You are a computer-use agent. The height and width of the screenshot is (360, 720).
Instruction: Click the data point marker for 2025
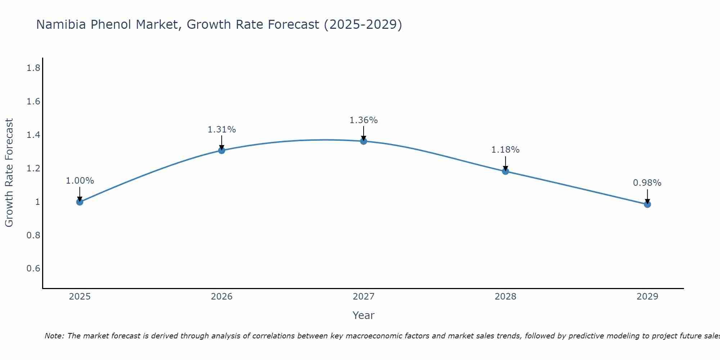(x=80, y=202)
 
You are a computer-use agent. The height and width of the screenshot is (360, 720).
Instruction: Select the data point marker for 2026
(x=222, y=150)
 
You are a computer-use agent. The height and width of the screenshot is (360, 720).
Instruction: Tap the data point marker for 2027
(x=364, y=141)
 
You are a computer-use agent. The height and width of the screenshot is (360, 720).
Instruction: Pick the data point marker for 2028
(x=505, y=171)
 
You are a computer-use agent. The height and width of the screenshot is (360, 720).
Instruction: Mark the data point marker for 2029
(x=647, y=204)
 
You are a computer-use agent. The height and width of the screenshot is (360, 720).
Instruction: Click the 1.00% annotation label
(x=80, y=181)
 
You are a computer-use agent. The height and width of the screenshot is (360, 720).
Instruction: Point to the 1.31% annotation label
(x=222, y=130)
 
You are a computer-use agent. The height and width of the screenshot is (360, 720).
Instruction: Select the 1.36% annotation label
(x=364, y=120)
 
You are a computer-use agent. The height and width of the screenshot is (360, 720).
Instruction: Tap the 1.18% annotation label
(x=505, y=150)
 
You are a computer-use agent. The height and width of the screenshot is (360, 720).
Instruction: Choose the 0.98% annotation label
(x=647, y=183)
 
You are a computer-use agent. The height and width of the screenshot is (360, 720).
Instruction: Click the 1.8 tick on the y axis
(x=33, y=68)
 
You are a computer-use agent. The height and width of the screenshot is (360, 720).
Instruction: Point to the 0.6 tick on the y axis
(x=33, y=269)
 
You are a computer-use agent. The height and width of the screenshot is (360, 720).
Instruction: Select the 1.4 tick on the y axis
(x=33, y=135)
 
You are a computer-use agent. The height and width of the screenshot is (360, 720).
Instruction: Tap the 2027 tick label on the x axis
(x=364, y=297)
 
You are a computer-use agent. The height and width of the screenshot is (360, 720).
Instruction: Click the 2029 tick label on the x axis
(x=647, y=297)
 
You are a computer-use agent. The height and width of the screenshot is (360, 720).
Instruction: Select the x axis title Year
(x=364, y=315)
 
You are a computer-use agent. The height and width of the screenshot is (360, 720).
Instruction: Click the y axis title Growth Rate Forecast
(x=9, y=172)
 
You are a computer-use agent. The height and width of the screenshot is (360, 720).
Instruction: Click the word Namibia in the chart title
(x=61, y=24)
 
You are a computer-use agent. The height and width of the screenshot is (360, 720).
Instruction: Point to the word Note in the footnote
(x=54, y=336)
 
